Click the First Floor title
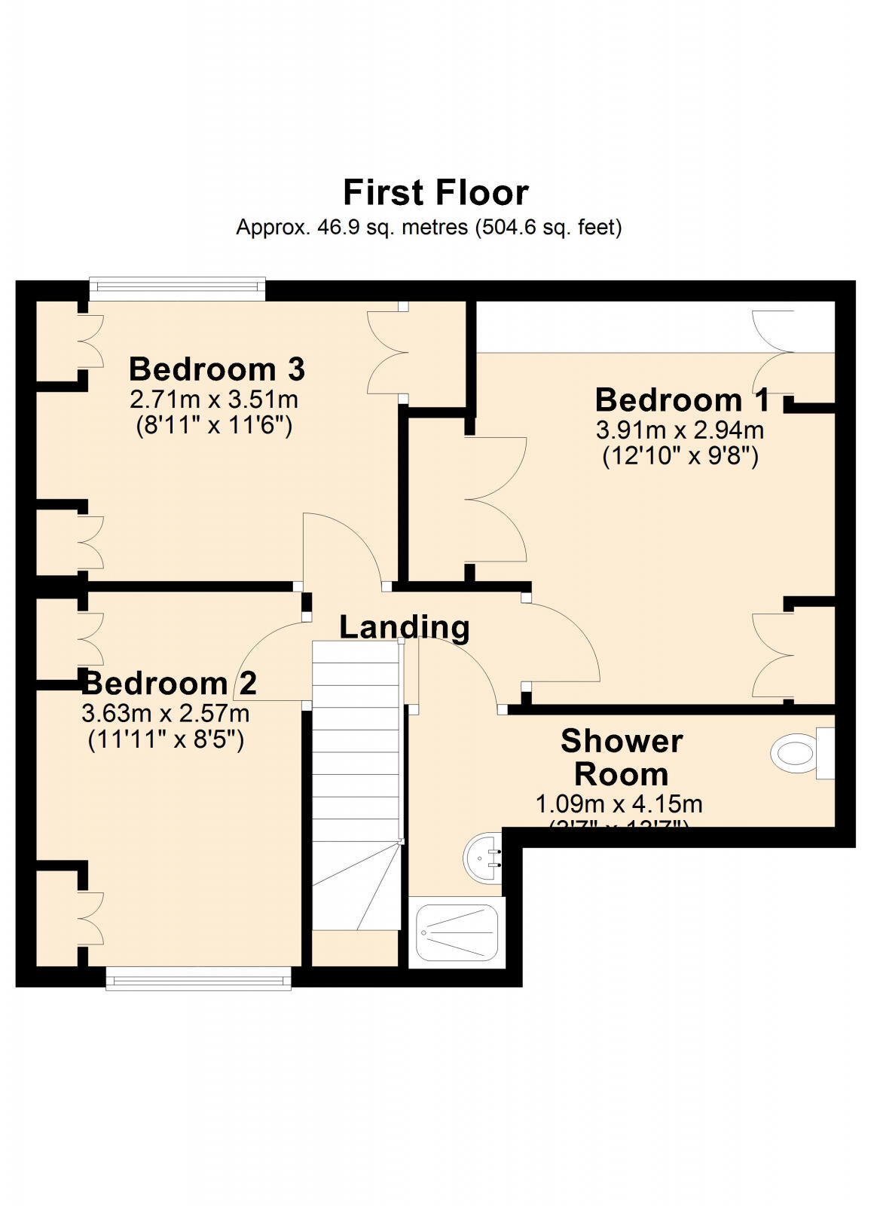[x=435, y=193]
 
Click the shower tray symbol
[x=457, y=933]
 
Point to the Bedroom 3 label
[x=217, y=369]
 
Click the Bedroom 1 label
[x=683, y=399]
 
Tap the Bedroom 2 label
[x=170, y=683]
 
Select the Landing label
[x=405, y=626]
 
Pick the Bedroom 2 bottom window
[x=198, y=980]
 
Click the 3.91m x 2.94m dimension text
[x=680, y=430]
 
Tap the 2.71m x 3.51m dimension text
[x=214, y=399]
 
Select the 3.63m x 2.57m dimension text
[x=165, y=712]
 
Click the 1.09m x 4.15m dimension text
[x=619, y=803]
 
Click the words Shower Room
[x=622, y=758]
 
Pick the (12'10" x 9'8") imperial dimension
[x=680, y=457]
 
